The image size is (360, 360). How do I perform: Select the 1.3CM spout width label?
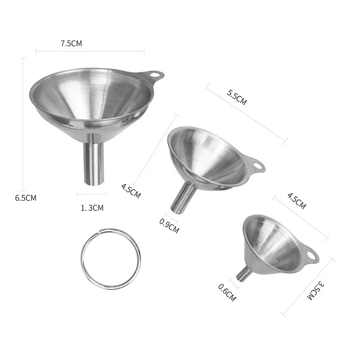(92, 207)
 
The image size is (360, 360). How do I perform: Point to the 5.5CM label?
(237, 97)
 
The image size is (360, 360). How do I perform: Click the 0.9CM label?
(169, 224)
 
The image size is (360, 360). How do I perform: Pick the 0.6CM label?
(227, 292)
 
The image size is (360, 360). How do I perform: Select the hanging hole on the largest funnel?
(154, 73)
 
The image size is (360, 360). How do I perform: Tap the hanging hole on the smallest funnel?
(310, 257)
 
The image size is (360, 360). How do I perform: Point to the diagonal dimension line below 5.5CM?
(245, 115)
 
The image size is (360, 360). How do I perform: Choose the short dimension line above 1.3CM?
(91, 195)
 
